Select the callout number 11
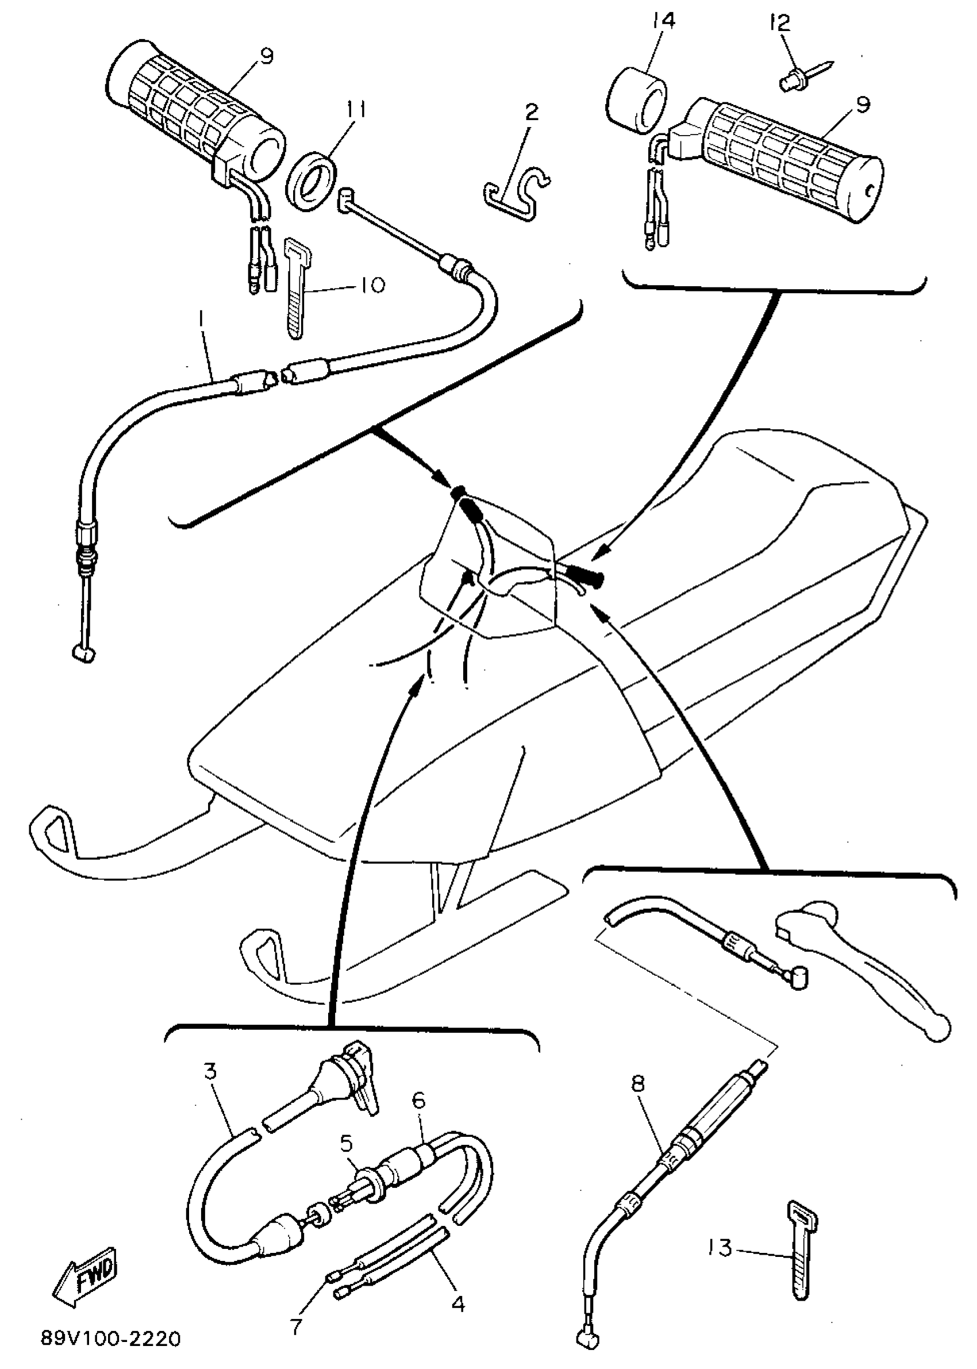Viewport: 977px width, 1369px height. click(356, 110)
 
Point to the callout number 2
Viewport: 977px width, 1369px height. click(532, 113)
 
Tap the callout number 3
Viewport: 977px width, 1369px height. click(210, 1071)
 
